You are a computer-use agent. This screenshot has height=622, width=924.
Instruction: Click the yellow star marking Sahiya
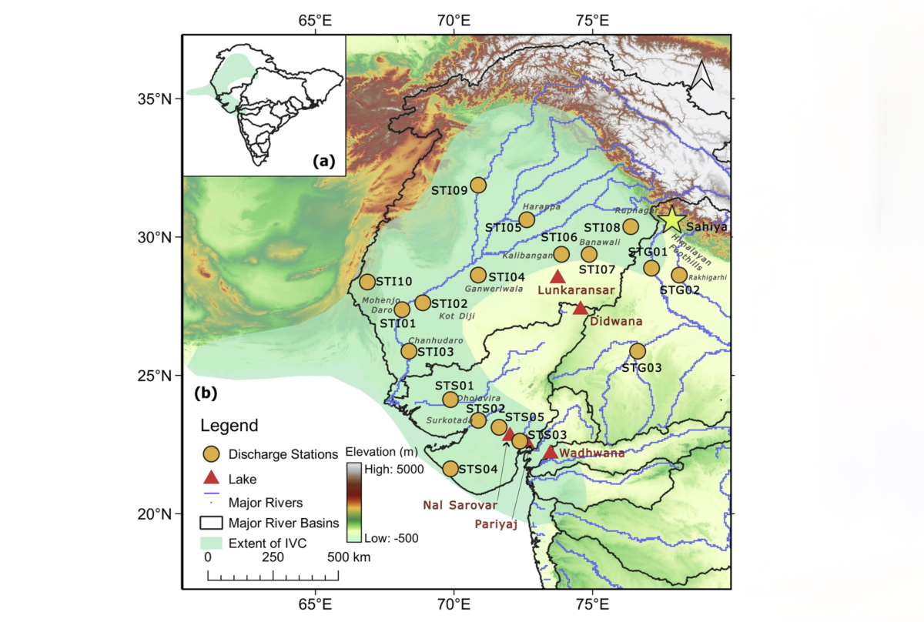[672, 220]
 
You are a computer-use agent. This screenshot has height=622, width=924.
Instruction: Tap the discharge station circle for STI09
[478, 185]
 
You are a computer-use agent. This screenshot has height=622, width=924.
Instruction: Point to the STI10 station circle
[367, 283]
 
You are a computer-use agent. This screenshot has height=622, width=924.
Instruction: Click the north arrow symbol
[701, 75]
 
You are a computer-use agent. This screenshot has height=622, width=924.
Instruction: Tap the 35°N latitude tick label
[155, 99]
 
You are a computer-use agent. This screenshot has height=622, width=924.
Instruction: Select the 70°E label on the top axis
[454, 19]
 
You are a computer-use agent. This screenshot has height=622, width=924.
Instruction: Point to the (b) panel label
[206, 394]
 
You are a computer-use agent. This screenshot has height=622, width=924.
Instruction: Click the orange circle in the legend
[210, 454]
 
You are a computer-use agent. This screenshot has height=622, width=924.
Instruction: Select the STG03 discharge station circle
[637, 351]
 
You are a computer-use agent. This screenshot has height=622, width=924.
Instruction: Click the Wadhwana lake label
[591, 453]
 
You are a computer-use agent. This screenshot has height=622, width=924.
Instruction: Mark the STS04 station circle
[450, 468]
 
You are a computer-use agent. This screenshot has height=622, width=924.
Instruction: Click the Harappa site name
[537, 207]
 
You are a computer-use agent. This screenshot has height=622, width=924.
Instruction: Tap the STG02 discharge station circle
[678, 275]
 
